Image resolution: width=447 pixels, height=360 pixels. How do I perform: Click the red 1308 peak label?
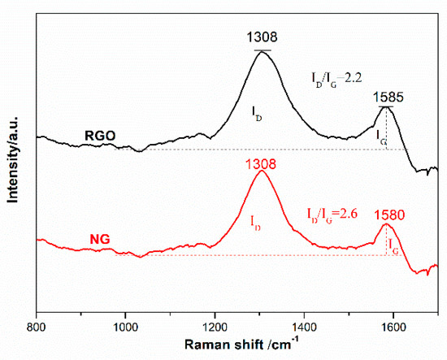(x=261, y=163)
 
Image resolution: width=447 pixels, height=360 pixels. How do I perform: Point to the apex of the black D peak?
(x=261, y=51)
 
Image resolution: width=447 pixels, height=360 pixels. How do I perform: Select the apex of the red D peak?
(x=261, y=171)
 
